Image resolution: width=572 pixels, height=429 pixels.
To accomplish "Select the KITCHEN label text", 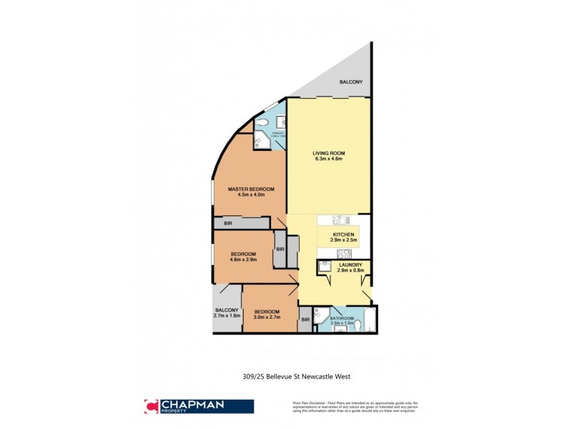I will tap(344, 235).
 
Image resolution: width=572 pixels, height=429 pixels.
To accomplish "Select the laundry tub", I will tap(324, 267).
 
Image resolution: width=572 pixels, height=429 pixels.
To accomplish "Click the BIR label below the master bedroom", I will tap(227, 224).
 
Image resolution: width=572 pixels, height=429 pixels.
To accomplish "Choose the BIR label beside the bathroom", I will tap(305, 320).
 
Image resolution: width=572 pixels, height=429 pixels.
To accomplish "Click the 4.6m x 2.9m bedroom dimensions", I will tap(244, 260).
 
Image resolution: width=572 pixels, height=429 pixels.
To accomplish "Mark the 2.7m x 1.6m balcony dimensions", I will tap(227, 315).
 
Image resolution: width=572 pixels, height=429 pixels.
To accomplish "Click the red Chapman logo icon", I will tap(151, 405).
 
